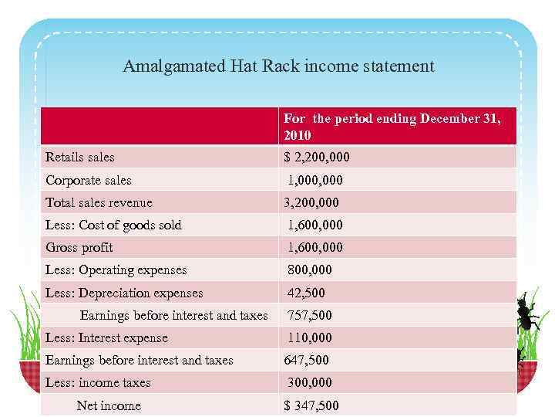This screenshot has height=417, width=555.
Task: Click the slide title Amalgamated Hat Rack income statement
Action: click(x=278, y=66)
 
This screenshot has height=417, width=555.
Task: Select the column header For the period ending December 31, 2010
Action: click(x=392, y=127)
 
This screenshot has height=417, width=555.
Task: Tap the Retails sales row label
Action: click(x=80, y=158)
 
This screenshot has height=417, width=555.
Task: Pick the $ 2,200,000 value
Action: click(x=317, y=158)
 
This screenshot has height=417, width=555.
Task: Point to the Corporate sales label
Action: click(x=89, y=181)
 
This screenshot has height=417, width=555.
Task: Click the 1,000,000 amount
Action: click(x=315, y=181)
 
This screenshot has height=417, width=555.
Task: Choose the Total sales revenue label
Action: click(x=99, y=203)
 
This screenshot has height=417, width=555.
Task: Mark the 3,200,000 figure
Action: click(x=311, y=203)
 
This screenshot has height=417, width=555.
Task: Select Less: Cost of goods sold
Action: click(x=113, y=225)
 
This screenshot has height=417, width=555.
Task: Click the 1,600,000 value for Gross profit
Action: click(x=315, y=248)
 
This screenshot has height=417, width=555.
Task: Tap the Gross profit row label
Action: click(x=79, y=248)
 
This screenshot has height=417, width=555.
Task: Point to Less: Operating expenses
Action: click(x=116, y=270)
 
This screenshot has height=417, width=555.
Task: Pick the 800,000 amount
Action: click(x=310, y=270)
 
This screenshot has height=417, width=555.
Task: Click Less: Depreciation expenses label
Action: click(x=124, y=293)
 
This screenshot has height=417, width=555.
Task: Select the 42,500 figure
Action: click(x=306, y=293)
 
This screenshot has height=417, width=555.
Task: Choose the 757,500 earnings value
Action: click(x=310, y=316)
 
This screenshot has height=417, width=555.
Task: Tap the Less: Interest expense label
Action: click(x=106, y=338)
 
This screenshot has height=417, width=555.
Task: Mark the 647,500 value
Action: click(x=307, y=361)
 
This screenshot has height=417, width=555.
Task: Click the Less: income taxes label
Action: click(x=98, y=383)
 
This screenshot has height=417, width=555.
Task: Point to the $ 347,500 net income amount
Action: click(x=311, y=406)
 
